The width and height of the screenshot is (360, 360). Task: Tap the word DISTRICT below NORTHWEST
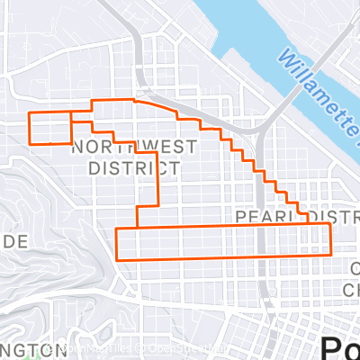(x=133, y=167)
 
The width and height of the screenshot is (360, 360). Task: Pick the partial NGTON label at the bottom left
(x=31, y=349)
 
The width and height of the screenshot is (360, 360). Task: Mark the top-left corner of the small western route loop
(x=31, y=113)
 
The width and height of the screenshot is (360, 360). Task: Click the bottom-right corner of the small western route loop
(x=71, y=143)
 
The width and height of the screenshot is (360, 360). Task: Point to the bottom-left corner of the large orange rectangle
(x=118, y=260)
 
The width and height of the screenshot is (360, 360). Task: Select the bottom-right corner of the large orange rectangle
(x=331, y=254)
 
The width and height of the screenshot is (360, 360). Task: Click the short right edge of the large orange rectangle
(x=331, y=239)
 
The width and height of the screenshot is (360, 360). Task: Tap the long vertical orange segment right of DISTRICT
(x=158, y=180)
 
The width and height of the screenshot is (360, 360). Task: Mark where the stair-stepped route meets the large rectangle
(x=309, y=224)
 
